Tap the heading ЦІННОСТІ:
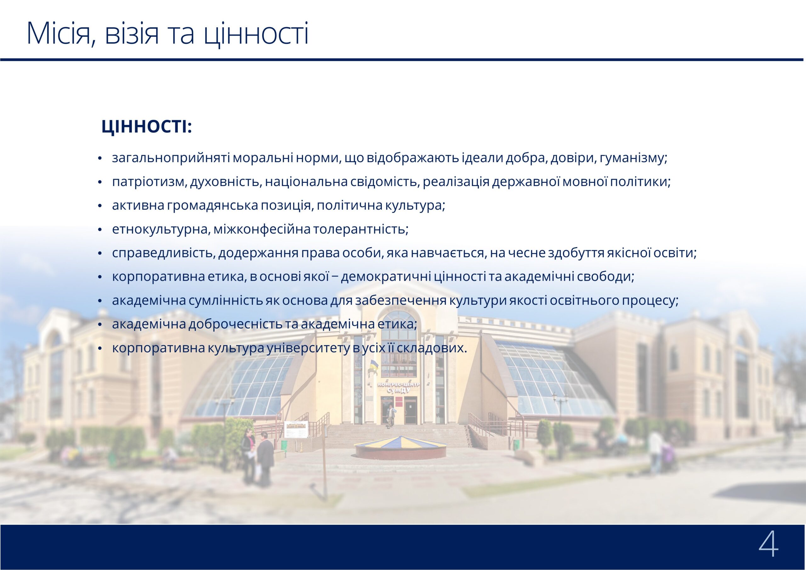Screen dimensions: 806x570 click(x=147, y=127)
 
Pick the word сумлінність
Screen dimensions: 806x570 click(x=225, y=301)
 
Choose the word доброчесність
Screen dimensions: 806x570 click(x=236, y=324)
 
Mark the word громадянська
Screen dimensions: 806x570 click(x=213, y=206)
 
